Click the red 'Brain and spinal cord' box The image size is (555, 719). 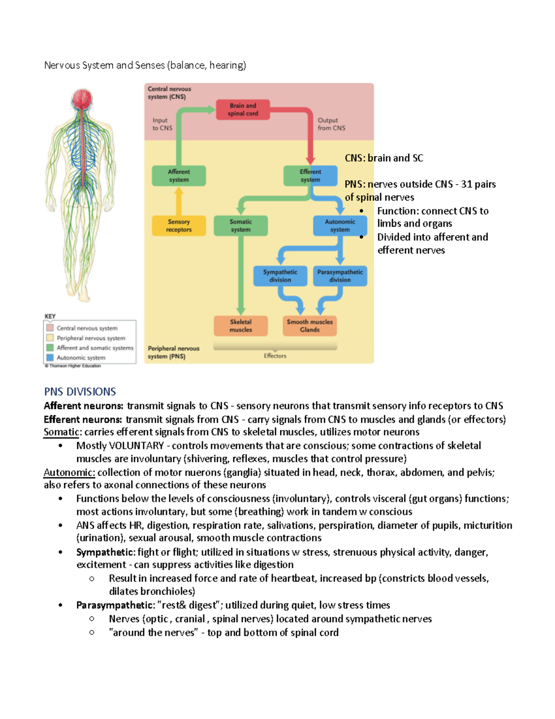tap(243, 110)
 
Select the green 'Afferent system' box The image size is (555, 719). tap(179, 176)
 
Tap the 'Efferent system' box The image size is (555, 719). tap(310, 176)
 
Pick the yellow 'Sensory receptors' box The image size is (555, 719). tap(179, 226)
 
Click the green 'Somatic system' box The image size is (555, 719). tap(240, 226)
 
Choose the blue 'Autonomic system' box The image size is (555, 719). tap(340, 226)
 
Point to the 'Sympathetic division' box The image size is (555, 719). tap(280, 276)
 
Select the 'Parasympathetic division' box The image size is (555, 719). tap(340, 276)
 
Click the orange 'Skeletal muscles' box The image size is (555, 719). tap(240, 326)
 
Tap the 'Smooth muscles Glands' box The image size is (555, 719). tap(309, 326)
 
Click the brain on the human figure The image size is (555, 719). tap(82, 99)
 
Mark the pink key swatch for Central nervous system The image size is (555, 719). tap(50, 328)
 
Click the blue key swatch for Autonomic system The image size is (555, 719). tap(50, 357)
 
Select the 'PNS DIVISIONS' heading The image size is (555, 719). tap(80, 392)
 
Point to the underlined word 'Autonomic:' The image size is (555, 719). tap(69, 472)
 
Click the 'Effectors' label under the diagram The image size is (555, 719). tap(275, 356)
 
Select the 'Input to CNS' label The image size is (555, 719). tap(162, 124)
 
